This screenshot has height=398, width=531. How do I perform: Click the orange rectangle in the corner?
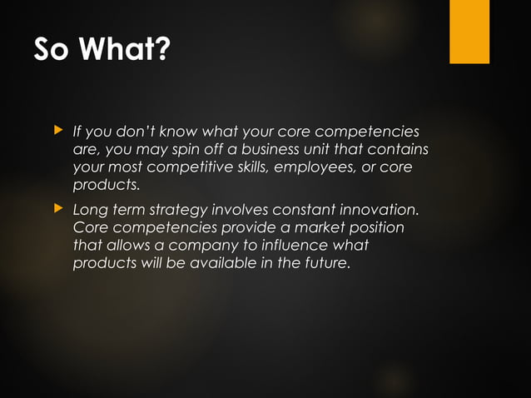[469, 32]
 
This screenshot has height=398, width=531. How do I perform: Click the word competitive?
[182, 167]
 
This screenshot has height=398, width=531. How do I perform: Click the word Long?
[90, 210]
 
